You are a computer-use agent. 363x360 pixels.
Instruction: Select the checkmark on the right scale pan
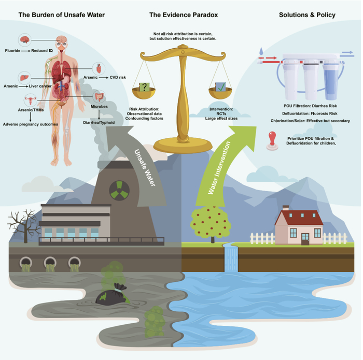[x=220, y=87]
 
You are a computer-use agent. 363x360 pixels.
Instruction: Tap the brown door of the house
[x=305, y=238]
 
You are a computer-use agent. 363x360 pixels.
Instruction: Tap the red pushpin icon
[x=271, y=141]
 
